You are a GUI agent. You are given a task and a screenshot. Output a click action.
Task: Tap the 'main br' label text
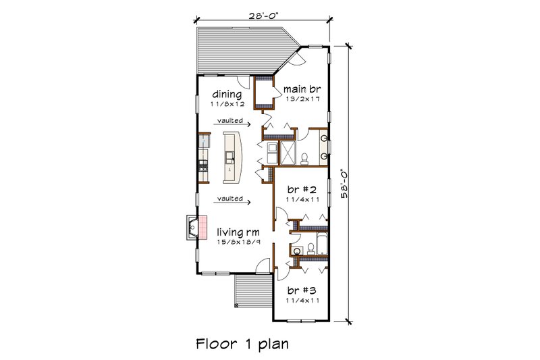click(300, 88)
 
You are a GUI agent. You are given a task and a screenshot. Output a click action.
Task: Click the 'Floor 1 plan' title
click(242, 343)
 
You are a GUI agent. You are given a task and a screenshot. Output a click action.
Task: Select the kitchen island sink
click(231, 157)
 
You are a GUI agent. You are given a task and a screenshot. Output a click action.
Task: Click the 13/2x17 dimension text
click(301, 99)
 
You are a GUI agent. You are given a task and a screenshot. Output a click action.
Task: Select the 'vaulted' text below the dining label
click(230, 122)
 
